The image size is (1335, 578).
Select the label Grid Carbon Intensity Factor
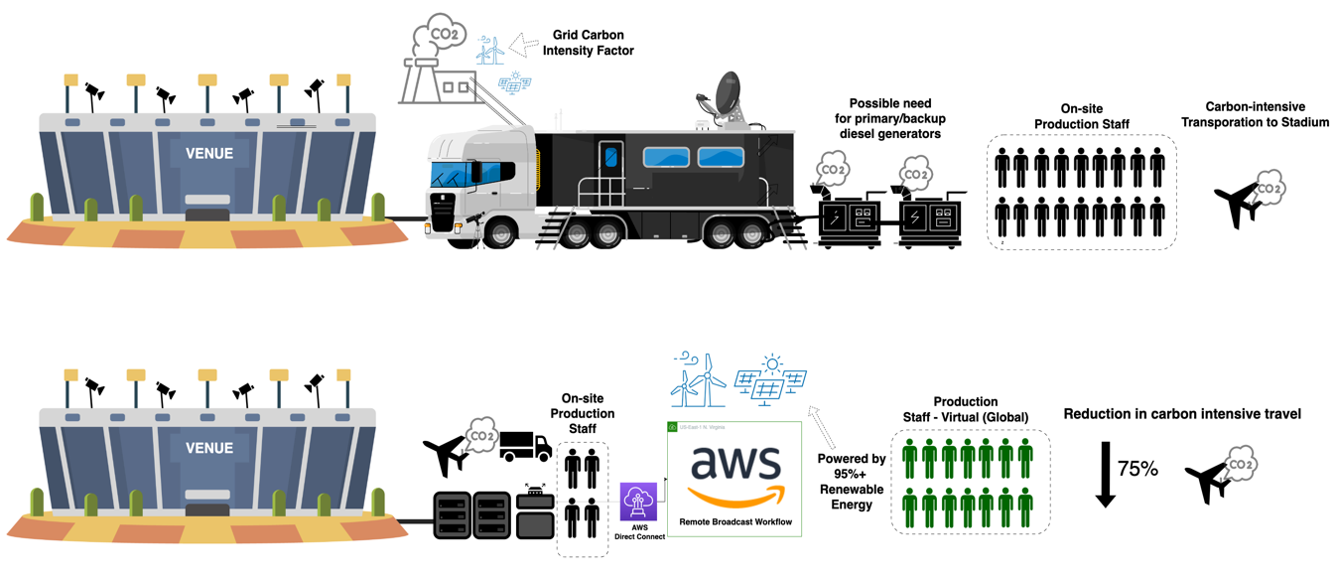pos(588,43)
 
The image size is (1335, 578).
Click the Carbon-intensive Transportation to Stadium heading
pos(1255,114)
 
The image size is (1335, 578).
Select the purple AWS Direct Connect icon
pos(638,503)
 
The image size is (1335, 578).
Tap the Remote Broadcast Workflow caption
pos(734,521)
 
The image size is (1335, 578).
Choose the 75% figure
pos(1137,469)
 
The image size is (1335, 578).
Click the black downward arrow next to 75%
pos(1104,476)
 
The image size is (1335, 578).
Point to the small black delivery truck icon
pos(525,446)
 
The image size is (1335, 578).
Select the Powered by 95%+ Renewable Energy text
pos(851,481)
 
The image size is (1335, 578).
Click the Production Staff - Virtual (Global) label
pos(966,409)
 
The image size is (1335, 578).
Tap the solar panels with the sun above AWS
pos(769,379)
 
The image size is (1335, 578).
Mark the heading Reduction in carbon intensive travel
pos(1181,413)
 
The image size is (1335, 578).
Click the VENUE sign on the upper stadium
pos(209,154)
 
